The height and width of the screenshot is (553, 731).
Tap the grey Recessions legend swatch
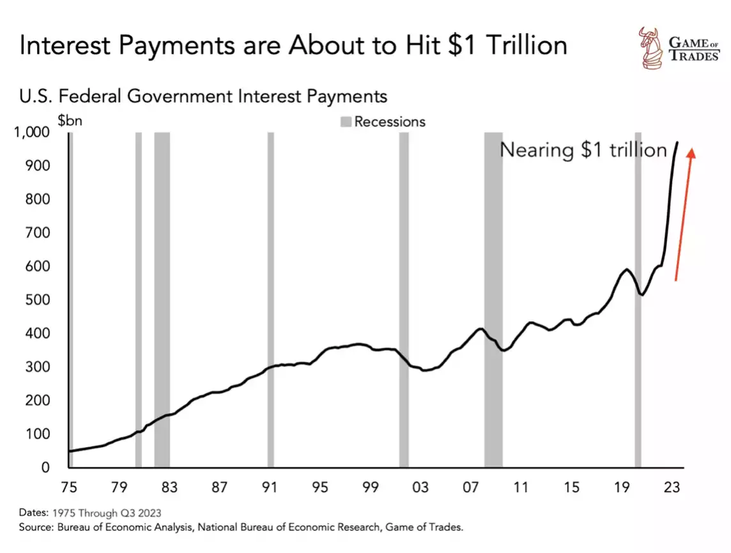[x=346, y=121]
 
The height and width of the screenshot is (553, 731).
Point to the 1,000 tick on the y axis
[x=31, y=133]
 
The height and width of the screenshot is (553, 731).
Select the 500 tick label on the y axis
[x=38, y=300]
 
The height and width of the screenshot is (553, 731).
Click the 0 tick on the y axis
[x=45, y=467]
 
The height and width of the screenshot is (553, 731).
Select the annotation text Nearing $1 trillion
[x=583, y=150]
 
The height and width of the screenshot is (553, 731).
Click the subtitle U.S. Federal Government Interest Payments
[x=203, y=96]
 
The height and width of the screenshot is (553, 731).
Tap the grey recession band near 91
[x=270, y=300]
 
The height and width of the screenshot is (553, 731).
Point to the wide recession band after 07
[x=493, y=300]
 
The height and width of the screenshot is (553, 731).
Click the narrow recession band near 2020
[x=638, y=300]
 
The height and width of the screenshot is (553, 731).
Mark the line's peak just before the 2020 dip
[x=626, y=269]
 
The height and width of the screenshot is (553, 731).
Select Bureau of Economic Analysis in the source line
[x=121, y=527]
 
